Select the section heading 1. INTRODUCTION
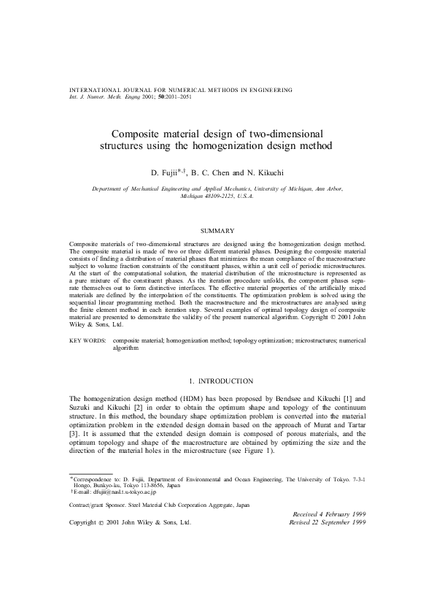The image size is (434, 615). click(x=216, y=381)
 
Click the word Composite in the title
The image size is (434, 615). click(x=135, y=134)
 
